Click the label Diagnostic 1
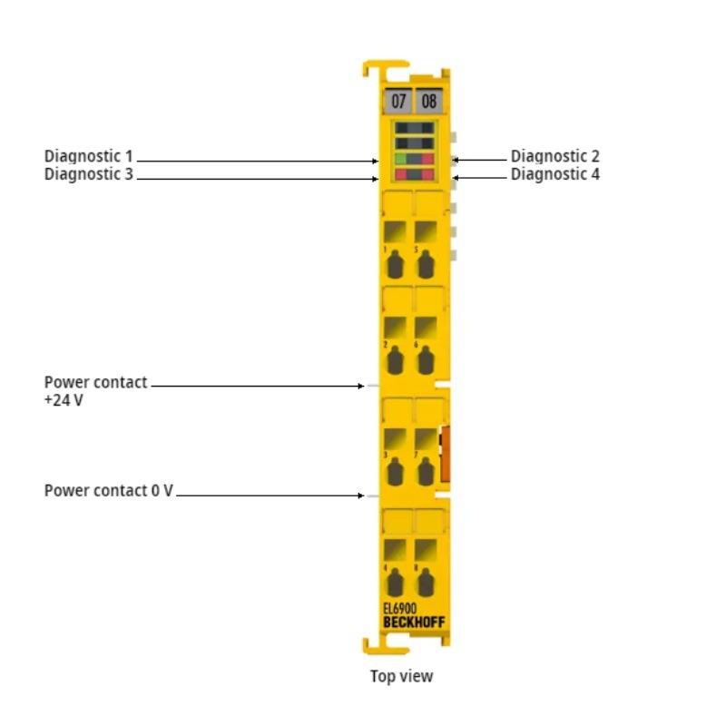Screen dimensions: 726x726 [88, 156]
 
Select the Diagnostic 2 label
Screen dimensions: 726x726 [554, 156]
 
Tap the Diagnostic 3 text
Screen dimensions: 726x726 [88, 174]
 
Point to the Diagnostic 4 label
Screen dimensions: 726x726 [554, 174]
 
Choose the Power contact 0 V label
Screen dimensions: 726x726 [108, 491]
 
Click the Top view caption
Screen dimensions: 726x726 [401, 676]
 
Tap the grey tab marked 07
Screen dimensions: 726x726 [399, 101]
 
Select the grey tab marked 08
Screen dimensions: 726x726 [428, 101]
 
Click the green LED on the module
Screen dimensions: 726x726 [400, 158]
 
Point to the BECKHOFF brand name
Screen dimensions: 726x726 [414, 622]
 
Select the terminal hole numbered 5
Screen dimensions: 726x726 [425, 266]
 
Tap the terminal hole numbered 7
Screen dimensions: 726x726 [425, 472]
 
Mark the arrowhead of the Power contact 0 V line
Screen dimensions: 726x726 [361, 495]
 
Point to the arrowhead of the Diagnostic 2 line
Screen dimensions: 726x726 [455, 159]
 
